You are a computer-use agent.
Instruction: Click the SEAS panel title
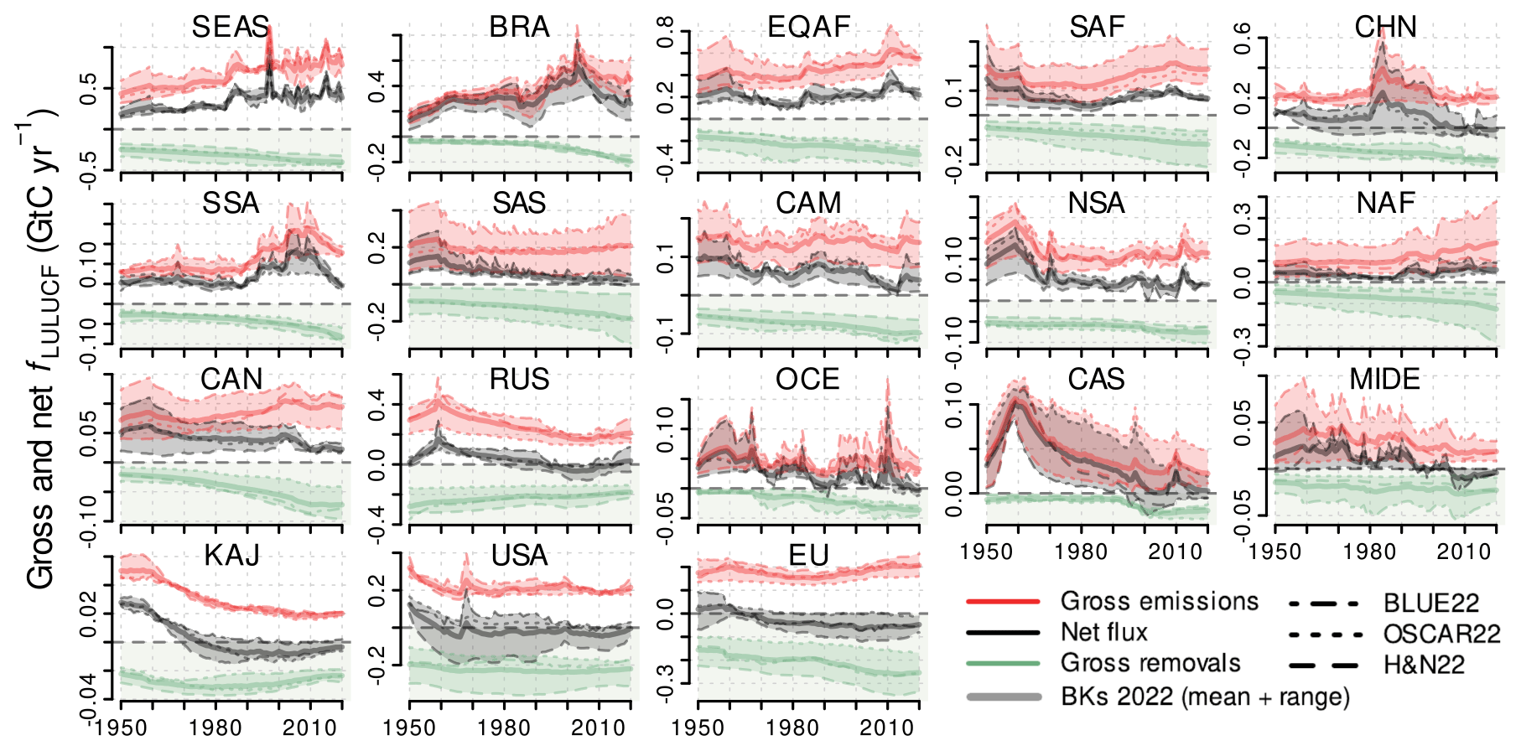pyautogui.click(x=231, y=27)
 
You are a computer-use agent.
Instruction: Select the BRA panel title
pyautogui.click(x=520, y=27)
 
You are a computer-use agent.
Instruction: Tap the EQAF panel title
pyautogui.click(x=809, y=27)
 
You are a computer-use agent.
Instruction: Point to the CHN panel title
pyautogui.click(x=1385, y=27)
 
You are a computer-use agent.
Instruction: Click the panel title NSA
pyautogui.click(x=1097, y=203)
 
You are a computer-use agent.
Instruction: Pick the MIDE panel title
pyautogui.click(x=1385, y=379)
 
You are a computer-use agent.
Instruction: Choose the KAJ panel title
pyautogui.click(x=232, y=555)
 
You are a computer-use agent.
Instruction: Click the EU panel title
pyautogui.click(x=809, y=555)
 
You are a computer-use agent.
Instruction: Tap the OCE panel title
pyautogui.click(x=807, y=379)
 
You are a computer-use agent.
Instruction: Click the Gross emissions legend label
pyautogui.click(x=1160, y=601)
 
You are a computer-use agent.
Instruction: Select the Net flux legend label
pyautogui.click(x=1103, y=632)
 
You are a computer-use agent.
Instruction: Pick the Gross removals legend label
pyautogui.click(x=1150, y=663)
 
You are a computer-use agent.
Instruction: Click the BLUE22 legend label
pyautogui.click(x=1431, y=603)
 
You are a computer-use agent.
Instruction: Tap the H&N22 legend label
pyautogui.click(x=1424, y=665)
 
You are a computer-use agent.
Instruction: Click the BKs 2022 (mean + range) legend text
pyautogui.click(x=1205, y=696)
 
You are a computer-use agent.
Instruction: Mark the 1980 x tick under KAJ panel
pyautogui.click(x=215, y=727)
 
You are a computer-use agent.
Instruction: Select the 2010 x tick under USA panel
pyautogui.click(x=599, y=727)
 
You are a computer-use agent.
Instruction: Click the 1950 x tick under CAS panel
pyautogui.click(x=986, y=551)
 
